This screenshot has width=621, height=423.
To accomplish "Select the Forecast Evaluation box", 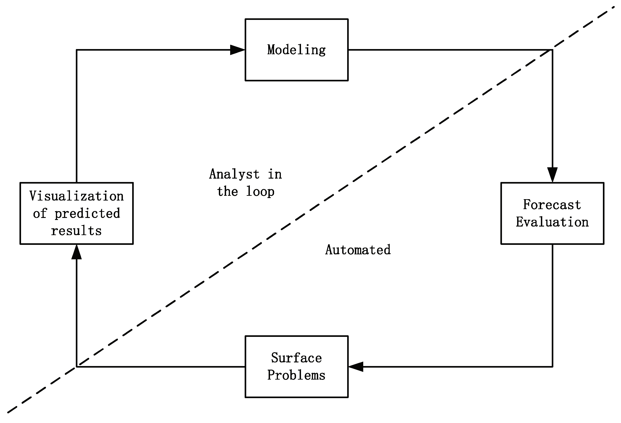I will pos(552,213).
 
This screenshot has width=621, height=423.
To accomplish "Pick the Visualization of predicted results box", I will pos(76,213).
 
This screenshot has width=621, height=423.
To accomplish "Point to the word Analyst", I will pos(234,174).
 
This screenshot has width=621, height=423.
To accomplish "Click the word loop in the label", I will pos(260,192).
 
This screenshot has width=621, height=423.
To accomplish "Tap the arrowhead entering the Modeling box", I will pos(237,50).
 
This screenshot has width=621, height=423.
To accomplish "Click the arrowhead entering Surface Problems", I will pos(356,367).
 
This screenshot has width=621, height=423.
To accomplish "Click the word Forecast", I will pos(552,205).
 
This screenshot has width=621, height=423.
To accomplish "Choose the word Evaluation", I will pos(552,222).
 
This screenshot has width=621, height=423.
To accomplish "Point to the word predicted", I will pos(87,213).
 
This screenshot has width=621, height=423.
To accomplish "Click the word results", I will pos(76,231).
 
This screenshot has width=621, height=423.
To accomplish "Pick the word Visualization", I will pos(76,196).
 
